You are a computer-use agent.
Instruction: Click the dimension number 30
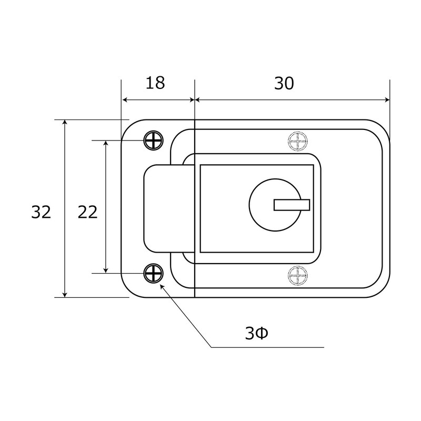284,83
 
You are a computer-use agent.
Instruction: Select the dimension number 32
41,212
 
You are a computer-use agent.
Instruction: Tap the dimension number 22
87,212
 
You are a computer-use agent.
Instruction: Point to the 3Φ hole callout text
256,334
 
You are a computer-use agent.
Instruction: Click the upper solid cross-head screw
153,141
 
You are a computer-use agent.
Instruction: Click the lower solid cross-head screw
153,273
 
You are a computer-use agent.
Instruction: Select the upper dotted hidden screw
298,141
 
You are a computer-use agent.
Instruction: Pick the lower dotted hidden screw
298,276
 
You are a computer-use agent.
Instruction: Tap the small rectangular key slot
292,205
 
